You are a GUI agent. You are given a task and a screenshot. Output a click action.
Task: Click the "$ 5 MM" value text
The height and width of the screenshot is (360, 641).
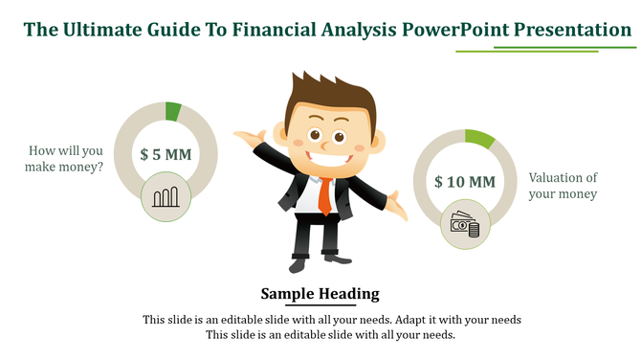pyautogui.click(x=166, y=153)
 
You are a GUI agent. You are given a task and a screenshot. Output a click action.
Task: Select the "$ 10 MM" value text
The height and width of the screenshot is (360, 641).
pyautogui.click(x=464, y=182)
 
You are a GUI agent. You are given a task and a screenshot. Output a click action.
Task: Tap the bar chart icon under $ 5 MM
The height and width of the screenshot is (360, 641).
pyautogui.click(x=166, y=198)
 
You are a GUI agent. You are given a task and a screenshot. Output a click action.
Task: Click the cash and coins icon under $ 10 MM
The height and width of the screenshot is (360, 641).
pyautogui.click(x=465, y=226)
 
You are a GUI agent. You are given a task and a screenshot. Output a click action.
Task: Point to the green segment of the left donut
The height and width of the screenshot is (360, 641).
pyautogui.click(x=173, y=111)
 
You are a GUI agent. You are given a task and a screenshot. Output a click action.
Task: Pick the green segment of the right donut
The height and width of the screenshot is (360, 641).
pyautogui.click(x=479, y=140)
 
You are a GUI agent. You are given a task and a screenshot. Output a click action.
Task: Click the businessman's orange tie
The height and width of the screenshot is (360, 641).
pyautogui.click(x=325, y=196)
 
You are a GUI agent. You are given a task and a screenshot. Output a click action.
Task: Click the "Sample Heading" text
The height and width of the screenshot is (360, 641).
pyautogui.click(x=320, y=294)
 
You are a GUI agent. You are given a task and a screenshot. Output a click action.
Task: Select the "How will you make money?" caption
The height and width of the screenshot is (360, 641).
pyautogui.click(x=66, y=159)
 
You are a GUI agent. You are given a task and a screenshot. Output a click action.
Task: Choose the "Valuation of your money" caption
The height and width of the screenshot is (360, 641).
pyautogui.click(x=563, y=186)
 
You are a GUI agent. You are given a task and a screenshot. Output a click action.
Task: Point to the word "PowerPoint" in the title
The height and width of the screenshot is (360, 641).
pyautogui.click(x=457, y=30)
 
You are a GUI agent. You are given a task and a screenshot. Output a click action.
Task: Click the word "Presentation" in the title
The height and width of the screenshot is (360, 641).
pyautogui.click(x=571, y=30)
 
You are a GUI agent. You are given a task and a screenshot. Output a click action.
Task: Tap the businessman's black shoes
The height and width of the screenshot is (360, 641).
pyautogui.click(x=315, y=259)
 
